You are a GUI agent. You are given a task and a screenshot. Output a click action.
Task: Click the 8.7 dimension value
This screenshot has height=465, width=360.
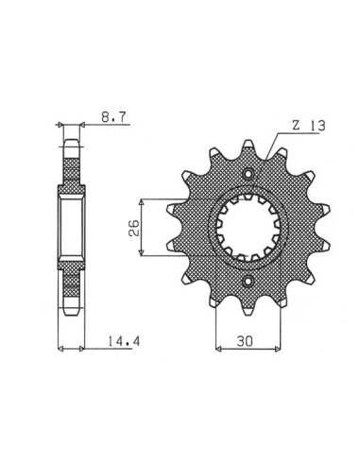pyautogui.click(x=113, y=117)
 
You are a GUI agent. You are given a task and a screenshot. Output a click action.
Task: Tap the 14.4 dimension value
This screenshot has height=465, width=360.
pyautogui.click(x=124, y=341)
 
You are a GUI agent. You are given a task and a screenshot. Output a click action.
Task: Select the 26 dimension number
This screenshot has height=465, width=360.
pyautogui.click(x=133, y=228)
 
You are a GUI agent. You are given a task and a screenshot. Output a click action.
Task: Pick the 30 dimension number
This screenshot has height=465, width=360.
pyautogui.click(x=245, y=341)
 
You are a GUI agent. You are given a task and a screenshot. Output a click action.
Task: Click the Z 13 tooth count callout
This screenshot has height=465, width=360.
pyautogui.click(x=308, y=126)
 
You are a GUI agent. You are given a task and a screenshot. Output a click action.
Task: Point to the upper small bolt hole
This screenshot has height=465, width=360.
pyautogui.click(x=249, y=174)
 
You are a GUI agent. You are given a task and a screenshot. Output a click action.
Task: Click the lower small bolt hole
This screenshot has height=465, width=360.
pyautogui.click(x=249, y=281)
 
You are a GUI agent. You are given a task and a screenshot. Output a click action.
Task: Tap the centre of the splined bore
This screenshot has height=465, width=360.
pyautogui.click(x=249, y=227)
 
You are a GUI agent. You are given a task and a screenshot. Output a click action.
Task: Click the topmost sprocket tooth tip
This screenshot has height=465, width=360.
pyautogui.click(x=249, y=143)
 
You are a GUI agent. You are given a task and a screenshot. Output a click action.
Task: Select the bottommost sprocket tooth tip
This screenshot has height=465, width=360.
pyautogui.click(x=249, y=312)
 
